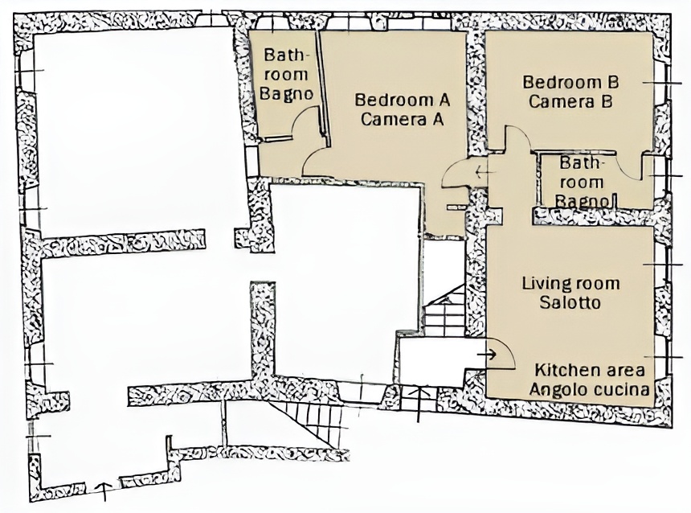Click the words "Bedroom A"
point(403,100)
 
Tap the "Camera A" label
point(402,119)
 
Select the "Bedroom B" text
point(570,82)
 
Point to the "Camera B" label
point(570,101)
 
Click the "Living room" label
point(570,283)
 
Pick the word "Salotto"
point(570,302)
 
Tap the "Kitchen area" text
point(590,370)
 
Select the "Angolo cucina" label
point(590,390)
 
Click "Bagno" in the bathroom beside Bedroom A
point(287,94)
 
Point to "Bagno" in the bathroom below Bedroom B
point(582,202)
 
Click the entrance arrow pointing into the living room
point(487,354)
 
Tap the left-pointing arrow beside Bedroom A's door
point(482,171)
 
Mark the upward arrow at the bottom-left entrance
point(104,491)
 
